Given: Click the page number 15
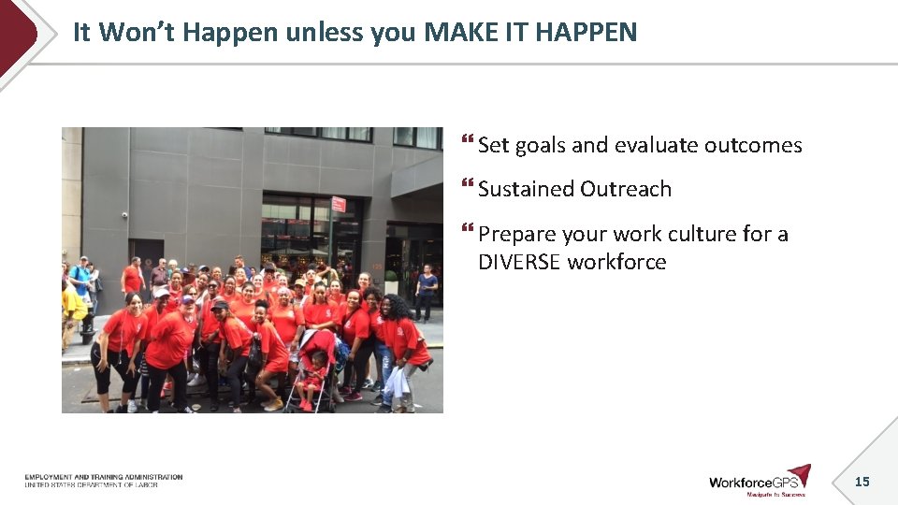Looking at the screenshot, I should click(862, 482).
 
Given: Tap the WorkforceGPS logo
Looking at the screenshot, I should click(759, 481).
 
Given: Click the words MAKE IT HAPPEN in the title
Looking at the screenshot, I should click(530, 32).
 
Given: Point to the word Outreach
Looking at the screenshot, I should click(624, 189).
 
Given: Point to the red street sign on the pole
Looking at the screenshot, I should click(338, 204).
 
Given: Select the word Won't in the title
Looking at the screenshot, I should click(138, 32).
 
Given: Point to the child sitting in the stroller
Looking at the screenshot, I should click(316, 369).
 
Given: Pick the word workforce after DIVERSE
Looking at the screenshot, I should click(616, 262).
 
